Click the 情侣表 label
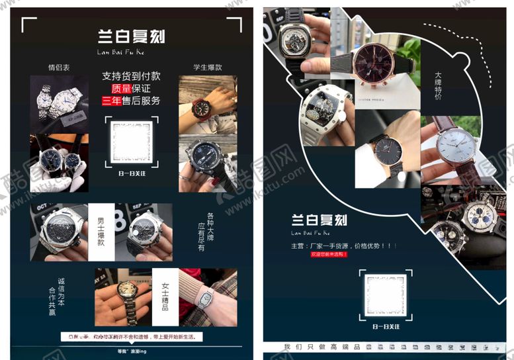tap(59, 67)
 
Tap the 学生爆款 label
tap(207, 67)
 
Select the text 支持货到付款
tap(131, 76)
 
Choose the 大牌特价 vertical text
tap(438, 85)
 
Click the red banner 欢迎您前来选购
tap(329, 253)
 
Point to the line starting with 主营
tap(343, 246)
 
